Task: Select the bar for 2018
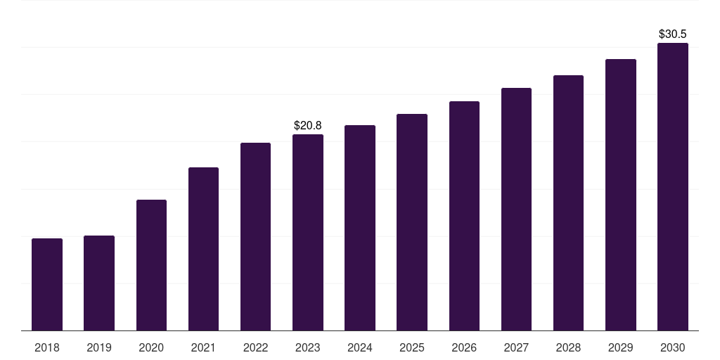point(47,284)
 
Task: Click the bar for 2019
point(99,283)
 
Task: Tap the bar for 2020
point(152,265)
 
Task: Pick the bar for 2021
point(203,249)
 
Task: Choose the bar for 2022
point(255,236)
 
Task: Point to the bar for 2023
point(308,232)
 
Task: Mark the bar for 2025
point(412,222)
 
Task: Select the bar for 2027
point(516,209)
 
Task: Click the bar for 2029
point(621,195)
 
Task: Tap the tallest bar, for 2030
point(673,187)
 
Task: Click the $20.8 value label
point(308,125)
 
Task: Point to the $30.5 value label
point(673,34)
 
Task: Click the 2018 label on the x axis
point(47,347)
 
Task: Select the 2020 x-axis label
point(152,347)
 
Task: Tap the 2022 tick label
point(255,347)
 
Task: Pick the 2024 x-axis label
point(360,347)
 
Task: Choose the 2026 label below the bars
point(464,347)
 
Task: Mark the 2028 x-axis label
point(568,347)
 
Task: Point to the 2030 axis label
point(673,347)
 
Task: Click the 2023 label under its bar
point(308,347)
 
